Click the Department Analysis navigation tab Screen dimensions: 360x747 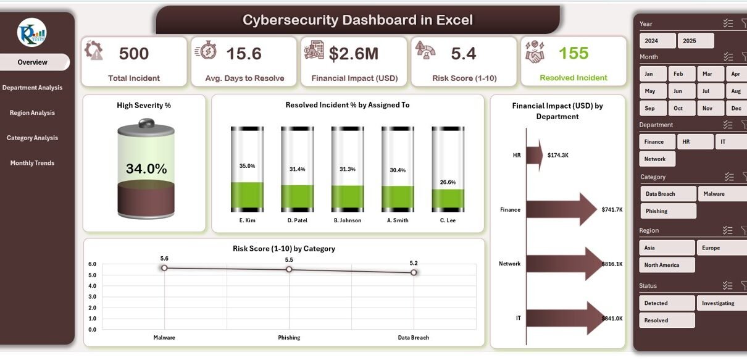[32, 88]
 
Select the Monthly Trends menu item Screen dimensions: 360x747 [32, 163]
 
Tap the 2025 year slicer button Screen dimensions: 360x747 [695, 41]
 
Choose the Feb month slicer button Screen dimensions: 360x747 [678, 74]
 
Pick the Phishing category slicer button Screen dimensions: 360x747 [667, 211]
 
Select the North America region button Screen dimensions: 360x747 [667, 265]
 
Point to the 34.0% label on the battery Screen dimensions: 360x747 [146, 169]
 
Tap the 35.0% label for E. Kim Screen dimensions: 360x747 [247, 166]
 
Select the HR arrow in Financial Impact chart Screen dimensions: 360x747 [535, 154]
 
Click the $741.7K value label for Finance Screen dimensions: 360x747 [612, 210]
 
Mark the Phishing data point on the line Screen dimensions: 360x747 [289, 269]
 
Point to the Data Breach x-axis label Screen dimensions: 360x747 [413, 338]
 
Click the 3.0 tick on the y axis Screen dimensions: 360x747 [92, 297]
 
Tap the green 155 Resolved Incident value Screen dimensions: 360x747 [574, 53]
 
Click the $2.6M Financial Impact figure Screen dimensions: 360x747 [353, 54]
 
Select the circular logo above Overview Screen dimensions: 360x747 [32, 33]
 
